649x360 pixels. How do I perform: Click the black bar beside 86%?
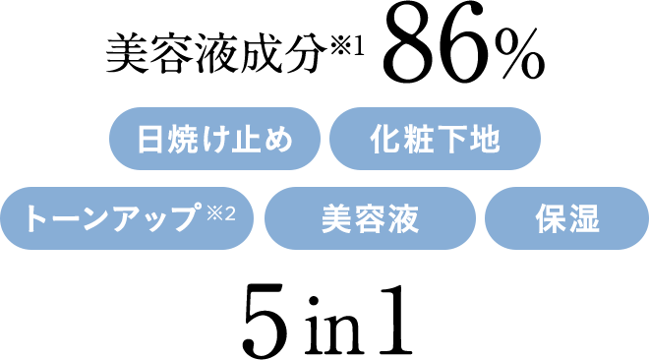point(235,53)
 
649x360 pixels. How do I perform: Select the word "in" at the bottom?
point(329,327)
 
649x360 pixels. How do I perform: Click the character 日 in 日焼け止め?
point(149,140)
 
